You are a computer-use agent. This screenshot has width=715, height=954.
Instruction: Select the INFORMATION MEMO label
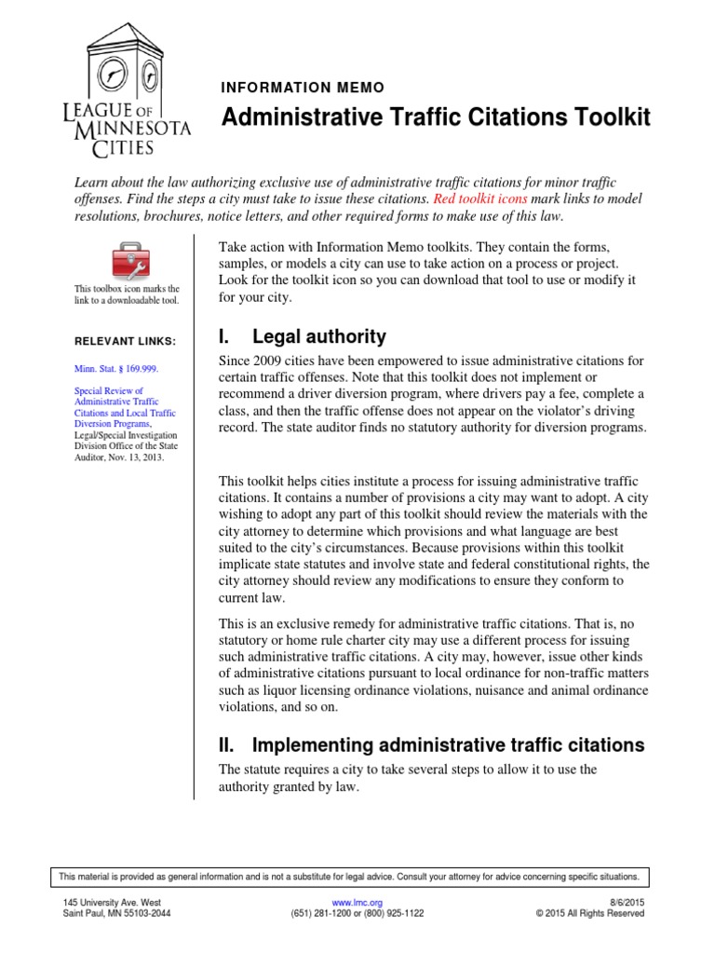303,88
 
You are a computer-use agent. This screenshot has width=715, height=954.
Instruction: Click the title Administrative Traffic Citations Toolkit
435,117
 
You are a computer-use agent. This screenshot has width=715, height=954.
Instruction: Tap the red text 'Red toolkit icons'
479,199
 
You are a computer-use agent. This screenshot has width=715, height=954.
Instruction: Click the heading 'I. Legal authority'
302,336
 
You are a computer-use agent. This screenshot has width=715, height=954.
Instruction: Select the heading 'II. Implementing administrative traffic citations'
431,744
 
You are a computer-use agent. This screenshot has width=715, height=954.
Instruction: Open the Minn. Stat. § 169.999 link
117,369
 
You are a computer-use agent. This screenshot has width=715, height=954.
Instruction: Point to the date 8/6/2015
625,903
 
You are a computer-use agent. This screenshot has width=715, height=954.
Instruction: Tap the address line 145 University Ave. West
112,903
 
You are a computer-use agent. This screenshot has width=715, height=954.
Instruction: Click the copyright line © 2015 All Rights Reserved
590,914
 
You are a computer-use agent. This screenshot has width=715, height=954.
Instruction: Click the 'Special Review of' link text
109,391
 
